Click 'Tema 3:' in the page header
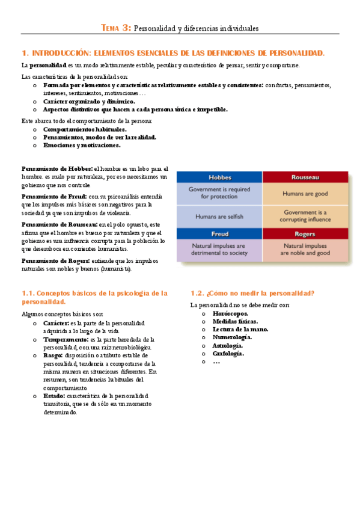point(115,28)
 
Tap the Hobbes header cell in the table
point(219,177)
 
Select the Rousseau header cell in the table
point(305,177)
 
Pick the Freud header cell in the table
point(219,234)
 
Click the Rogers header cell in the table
point(305,234)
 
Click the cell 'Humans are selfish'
point(219,217)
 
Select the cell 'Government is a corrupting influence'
point(305,216)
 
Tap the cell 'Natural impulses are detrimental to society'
point(219,250)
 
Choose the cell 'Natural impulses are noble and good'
point(305,250)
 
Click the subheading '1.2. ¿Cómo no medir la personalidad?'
point(252,293)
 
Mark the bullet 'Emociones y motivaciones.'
point(82,145)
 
